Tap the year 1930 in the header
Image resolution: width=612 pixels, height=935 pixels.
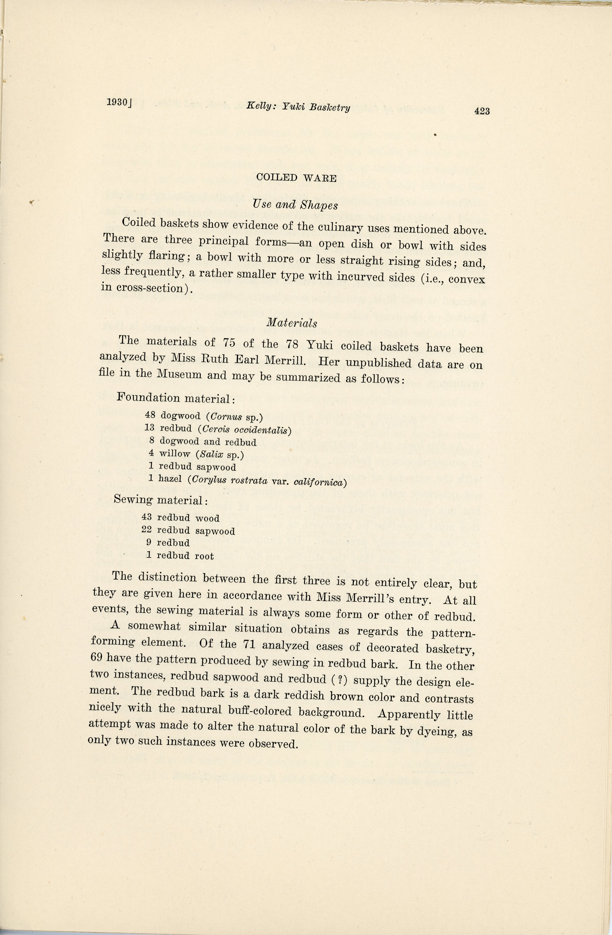point(118,102)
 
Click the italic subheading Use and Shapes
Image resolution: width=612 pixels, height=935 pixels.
point(296,205)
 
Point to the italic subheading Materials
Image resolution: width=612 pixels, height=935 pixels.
point(292,323)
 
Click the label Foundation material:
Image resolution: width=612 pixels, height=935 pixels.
point(176,398)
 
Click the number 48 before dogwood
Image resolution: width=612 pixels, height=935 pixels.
point(150,414)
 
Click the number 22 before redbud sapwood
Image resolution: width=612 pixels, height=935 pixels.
point(147,530)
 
